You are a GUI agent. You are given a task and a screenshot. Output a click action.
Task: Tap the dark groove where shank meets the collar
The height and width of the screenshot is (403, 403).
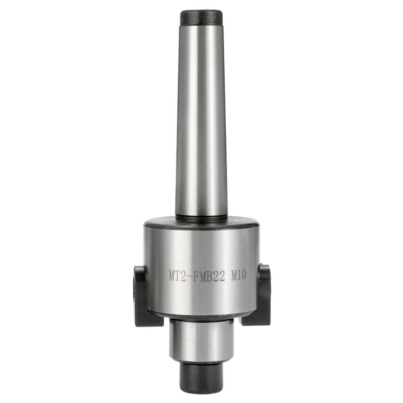click(201, 217)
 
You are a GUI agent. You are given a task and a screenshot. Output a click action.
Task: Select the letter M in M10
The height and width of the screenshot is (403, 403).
click(234, 276)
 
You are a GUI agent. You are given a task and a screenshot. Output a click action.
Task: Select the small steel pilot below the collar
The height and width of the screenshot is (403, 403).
click(201, 341)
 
